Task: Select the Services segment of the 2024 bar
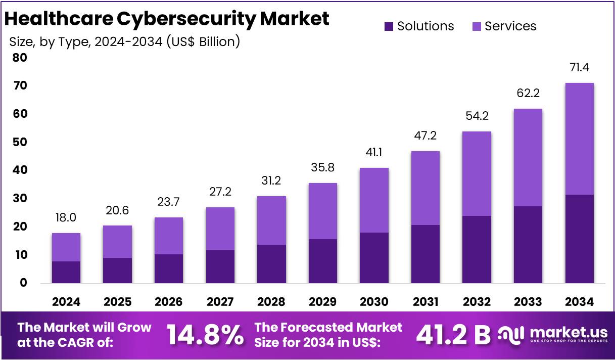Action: [x=66, y=247]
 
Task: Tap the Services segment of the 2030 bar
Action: [x=374, y=200]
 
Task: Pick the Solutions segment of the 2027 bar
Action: [x=220, y=266]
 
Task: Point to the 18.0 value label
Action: [x=66, y=218]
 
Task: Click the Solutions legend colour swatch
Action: [x=389, y=26]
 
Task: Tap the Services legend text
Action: [x=510, y=26]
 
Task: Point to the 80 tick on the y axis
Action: [x=20, y=58]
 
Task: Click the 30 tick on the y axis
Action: [x=20, y=199]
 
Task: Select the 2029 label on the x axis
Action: [x=322, y=302]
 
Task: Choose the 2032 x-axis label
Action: [x=477, y=302]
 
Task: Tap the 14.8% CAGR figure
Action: [x=205, y=335]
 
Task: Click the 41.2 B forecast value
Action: [x=452, y=335]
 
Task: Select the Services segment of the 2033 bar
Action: [x=528, y=157]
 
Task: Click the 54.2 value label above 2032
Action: [x=477, y=116]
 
